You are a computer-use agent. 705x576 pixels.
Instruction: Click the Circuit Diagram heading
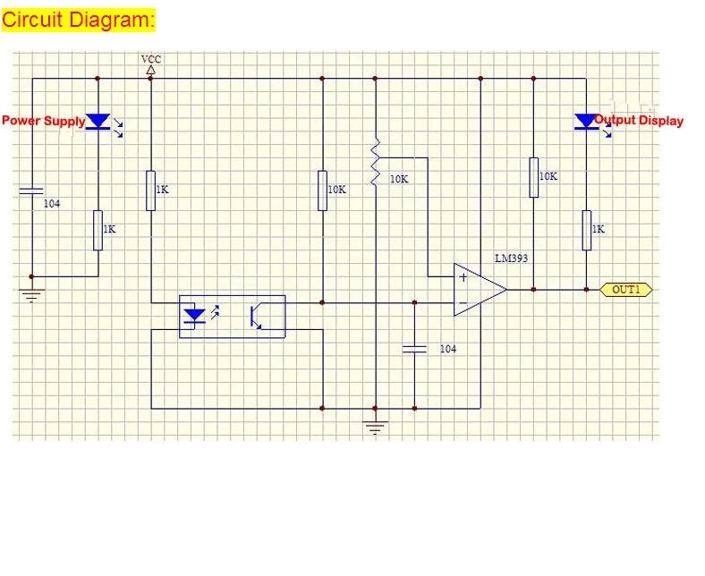(x=80, y=20)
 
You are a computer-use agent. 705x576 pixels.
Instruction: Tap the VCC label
(x=151, y=59)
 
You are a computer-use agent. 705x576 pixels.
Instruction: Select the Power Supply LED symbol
(x=98, y=121)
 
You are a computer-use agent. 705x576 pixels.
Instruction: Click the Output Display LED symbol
(x=586, y=121)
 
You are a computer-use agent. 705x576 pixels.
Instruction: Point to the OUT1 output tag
(x=626, y=290)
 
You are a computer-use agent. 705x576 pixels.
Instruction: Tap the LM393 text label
(x=512, y=258)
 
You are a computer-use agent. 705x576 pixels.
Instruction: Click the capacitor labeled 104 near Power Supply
(x=31, y=191)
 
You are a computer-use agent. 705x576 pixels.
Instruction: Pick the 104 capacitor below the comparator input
(x=415, y=348)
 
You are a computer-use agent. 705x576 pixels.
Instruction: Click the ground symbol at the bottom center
(x=376, y=428)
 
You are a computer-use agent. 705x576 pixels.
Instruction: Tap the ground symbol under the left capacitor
(x=32, y=295)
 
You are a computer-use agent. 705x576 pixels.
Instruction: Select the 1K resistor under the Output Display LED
(x=586, y=229)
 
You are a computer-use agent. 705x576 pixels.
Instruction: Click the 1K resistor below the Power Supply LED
(x=98, y=230)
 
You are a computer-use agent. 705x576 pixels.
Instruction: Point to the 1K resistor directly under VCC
(x=151, y=190)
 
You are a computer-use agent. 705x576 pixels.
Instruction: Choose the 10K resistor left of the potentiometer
(x=322, y=190)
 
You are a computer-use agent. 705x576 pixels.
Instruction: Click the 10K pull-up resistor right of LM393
(x=533, y=176)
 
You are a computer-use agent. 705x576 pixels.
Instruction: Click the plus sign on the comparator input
(x=463, y=277)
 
